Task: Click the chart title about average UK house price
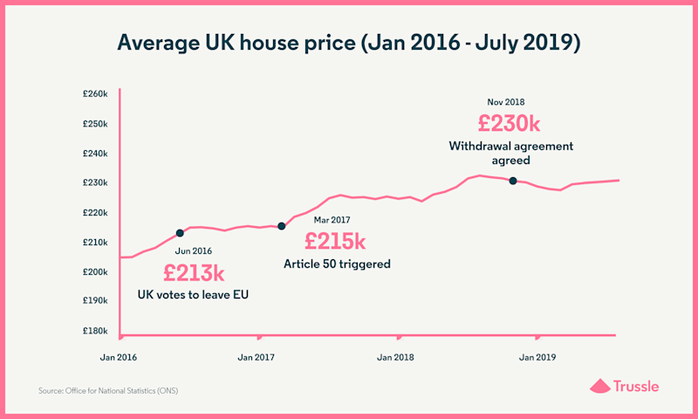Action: [349, 42]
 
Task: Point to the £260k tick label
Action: [93, 93]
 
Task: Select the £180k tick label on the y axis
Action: [93, 331]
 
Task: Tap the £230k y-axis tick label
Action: [93, 182]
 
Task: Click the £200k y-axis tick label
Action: [93, 271]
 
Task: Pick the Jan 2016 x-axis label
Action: [118, 357]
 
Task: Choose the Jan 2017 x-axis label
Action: [257, 357]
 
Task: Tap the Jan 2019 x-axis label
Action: [537, 357]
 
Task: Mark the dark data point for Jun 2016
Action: [180, 233]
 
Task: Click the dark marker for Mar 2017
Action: [281, 226]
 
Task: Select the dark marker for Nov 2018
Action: [513, 181]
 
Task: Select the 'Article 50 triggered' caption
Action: [337, 263]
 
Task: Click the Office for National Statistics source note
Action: [114, 390]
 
